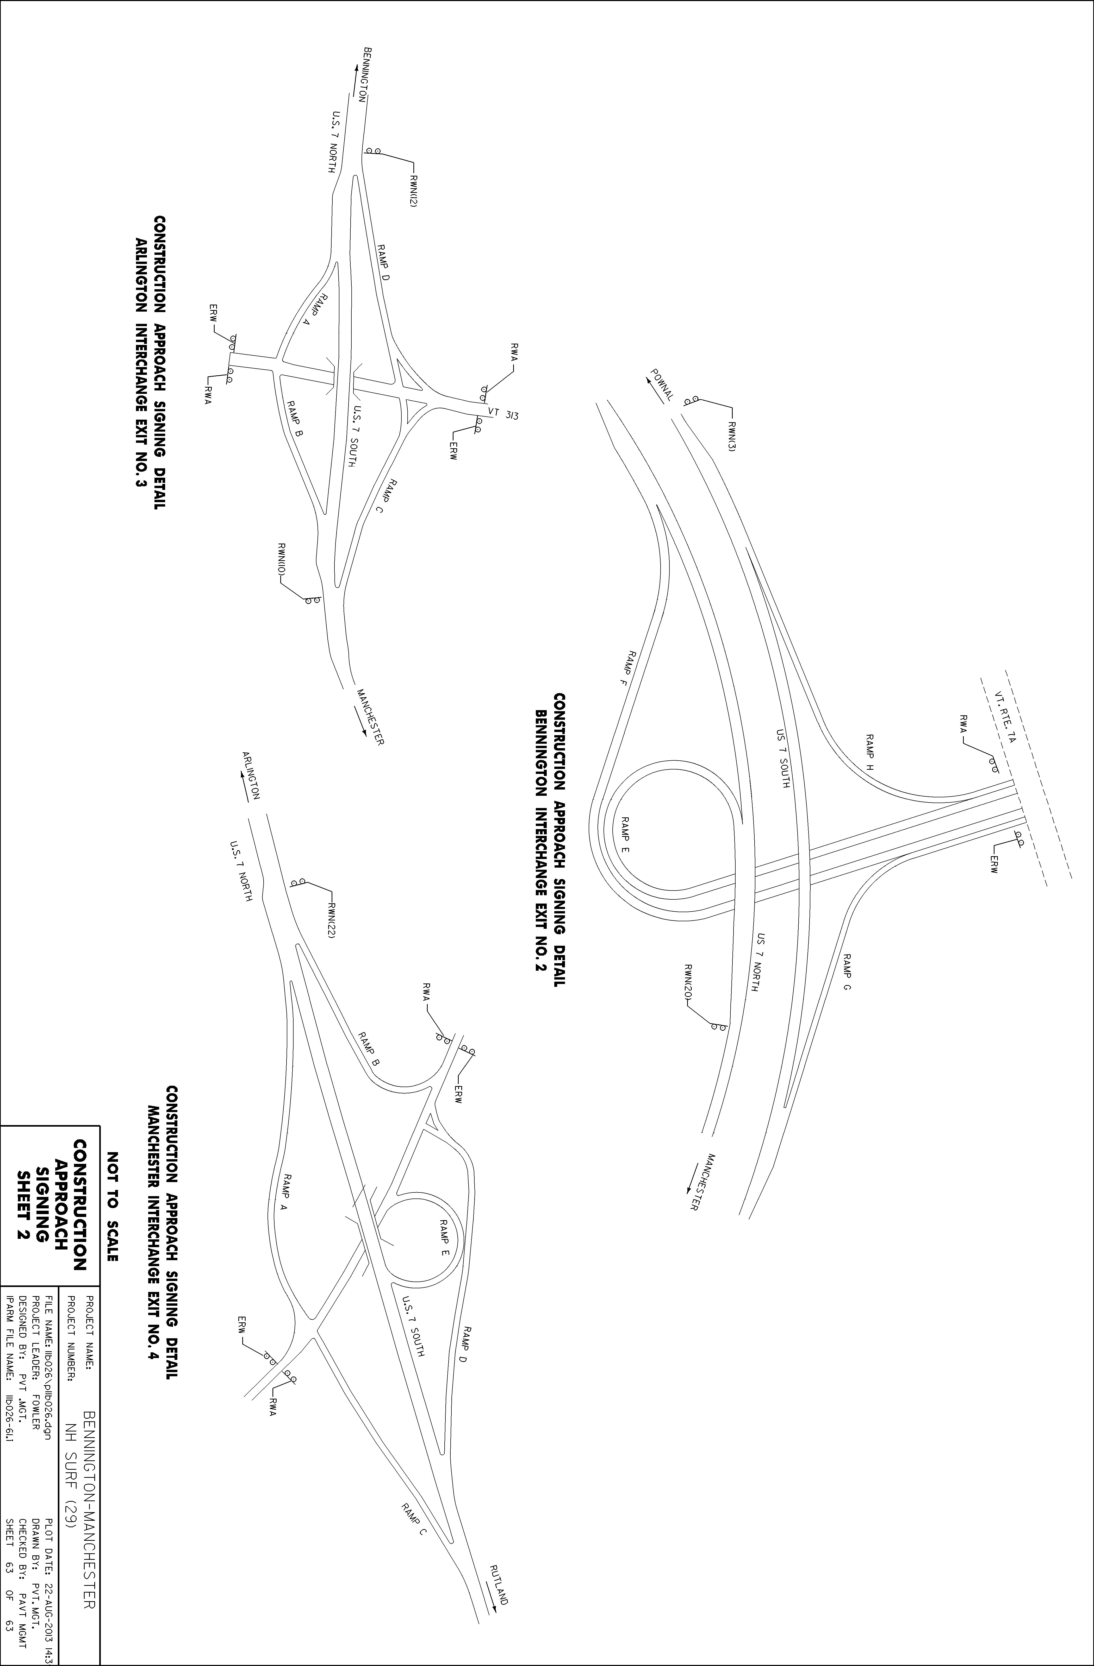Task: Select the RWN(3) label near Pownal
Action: click(731, 437)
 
